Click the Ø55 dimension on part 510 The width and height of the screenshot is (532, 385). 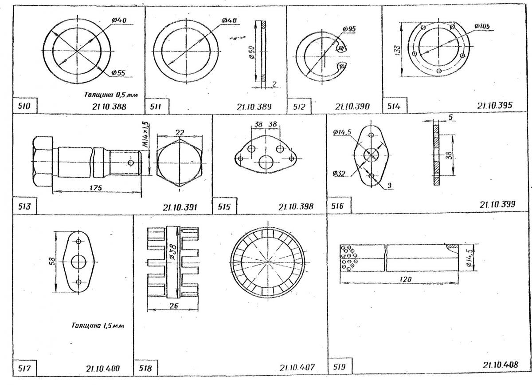pyautogui.click(x=118, y=72)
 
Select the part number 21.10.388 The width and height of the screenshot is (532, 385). pyautogui.click(x=109, y=107)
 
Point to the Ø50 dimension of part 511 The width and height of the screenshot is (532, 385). pyautogui.click(x=252, y=52)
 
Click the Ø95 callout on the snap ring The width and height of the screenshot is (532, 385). pyautogui.click(x=349, y=29)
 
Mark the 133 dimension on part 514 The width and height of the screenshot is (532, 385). pyautogui.click(x=398, y=50)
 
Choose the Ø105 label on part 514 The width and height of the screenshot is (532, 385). pyautogui.click(x=482, y=26)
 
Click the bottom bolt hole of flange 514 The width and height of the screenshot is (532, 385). pyautogui.click(x=439, y=71)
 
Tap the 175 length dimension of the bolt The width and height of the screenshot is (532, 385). pyautogui.click(x=96, y=188)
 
